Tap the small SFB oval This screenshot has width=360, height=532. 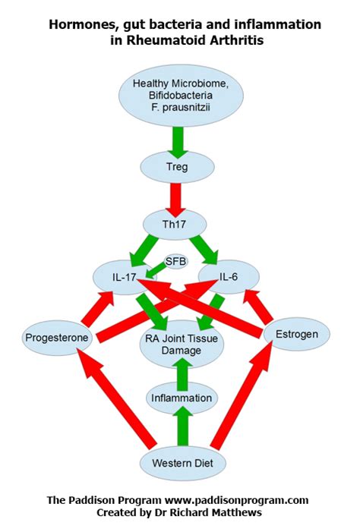point(176,260)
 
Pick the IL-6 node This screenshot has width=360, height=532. point(229,278)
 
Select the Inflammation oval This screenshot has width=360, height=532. point(181,398)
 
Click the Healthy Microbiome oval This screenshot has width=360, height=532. point(181,96)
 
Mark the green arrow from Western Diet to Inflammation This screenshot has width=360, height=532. point(181,429)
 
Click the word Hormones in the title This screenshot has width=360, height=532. point(81,25)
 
